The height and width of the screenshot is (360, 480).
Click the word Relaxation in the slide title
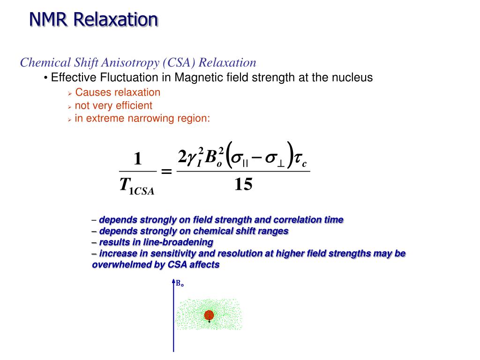(x=115, y=19)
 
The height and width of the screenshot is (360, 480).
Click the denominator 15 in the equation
(x=243, y=185)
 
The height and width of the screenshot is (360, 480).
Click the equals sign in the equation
(x=166, y=172)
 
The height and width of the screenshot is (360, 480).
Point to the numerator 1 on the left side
(x=137, y=159)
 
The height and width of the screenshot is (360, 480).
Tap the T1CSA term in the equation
(x=136, y=186)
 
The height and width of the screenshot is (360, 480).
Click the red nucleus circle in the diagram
(x=209, y=315)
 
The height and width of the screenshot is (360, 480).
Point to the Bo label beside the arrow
(x=180, y=284)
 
